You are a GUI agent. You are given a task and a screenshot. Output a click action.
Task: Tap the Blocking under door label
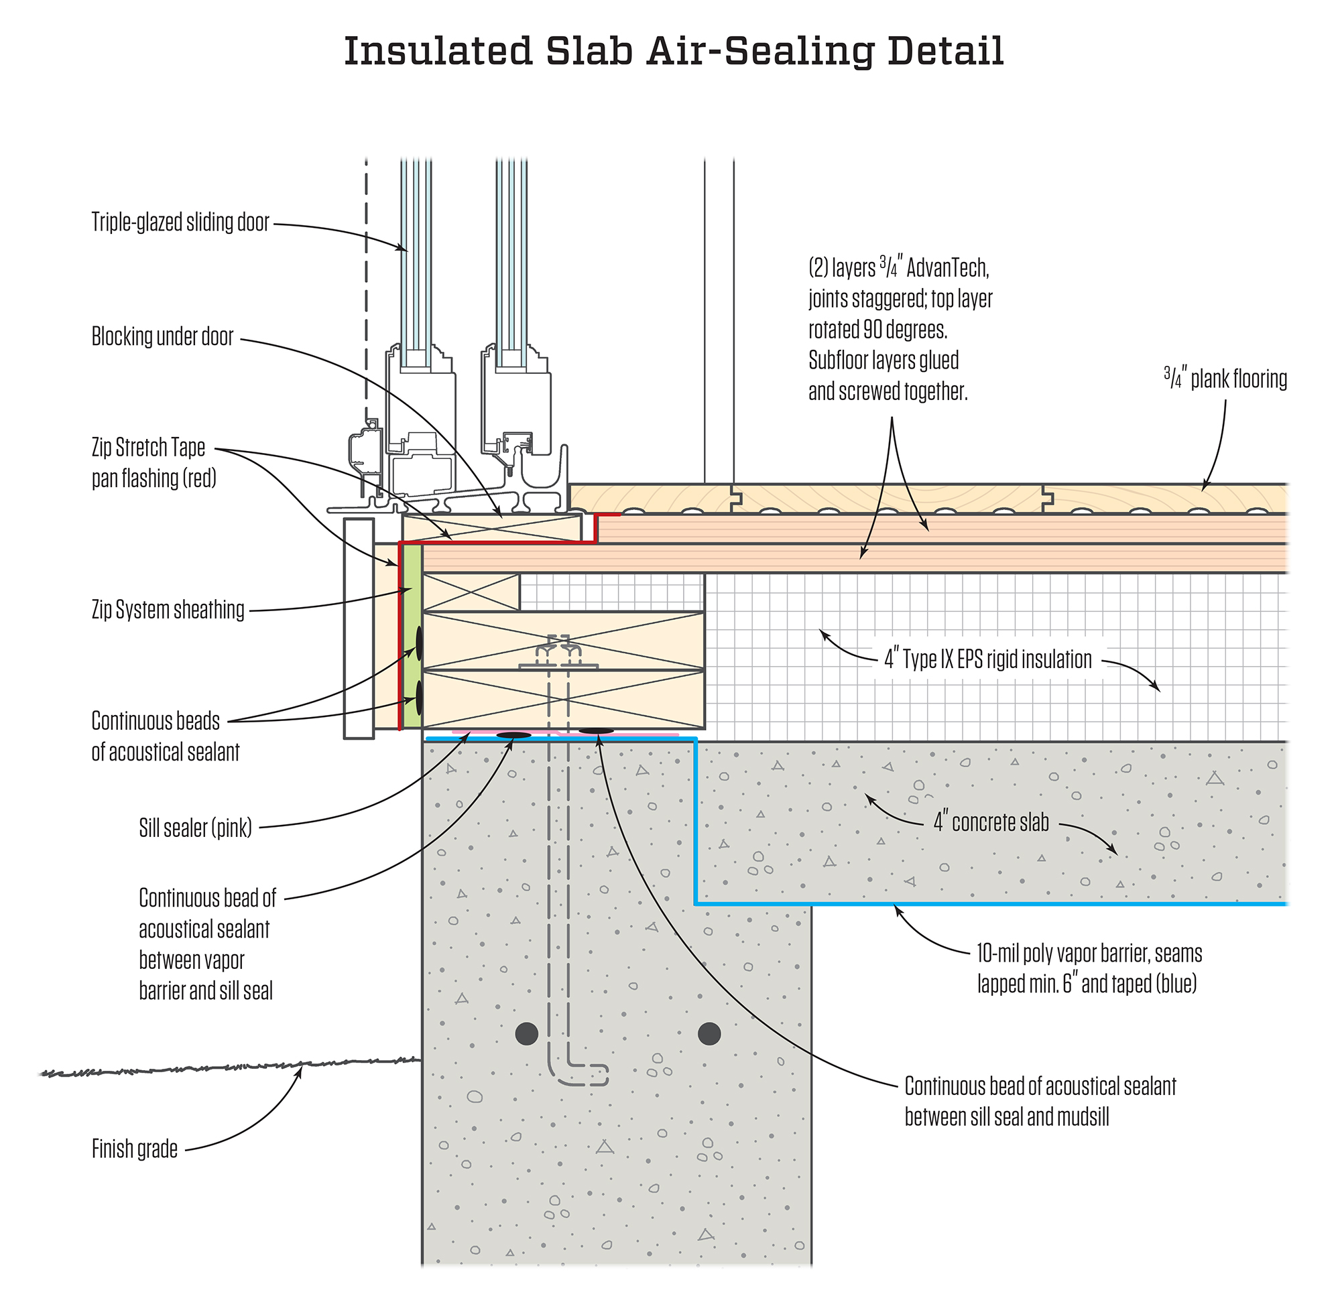pyautogui.click(x=163, y=337)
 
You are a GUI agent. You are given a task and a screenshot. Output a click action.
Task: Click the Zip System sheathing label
pyautogui.click(x=168, y=610)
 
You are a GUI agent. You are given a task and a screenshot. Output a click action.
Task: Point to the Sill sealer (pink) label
pyautogui.click(x=196, y=828)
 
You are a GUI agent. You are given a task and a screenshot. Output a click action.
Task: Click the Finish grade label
pyautogui.click(x=135, y=1149)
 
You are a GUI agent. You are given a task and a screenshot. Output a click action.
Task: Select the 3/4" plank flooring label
pyautogui.click(x=1225, y=379)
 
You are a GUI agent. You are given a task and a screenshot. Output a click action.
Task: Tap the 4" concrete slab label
pyautogui.click(x=991, y=822)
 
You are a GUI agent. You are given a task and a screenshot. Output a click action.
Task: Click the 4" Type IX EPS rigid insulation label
pyautogui.click(x=988, y=659)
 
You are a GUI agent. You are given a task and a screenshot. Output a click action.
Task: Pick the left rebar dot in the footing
pyautogui.click(x=526, y=1033)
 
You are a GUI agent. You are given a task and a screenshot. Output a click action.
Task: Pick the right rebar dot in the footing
pyautogui.click(x=709, y=1033)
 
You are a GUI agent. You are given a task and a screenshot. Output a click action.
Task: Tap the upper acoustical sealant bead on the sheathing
pyautogui.click(x=419, y=644)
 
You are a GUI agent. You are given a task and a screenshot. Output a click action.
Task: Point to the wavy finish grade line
pyautogui.click(x=226, y=1067)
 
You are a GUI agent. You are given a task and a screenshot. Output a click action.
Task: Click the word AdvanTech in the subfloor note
pyautogui.click(x=948, y=269)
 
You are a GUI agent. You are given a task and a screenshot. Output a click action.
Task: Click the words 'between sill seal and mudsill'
pyautogui.click(x=1006, y=1117)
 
